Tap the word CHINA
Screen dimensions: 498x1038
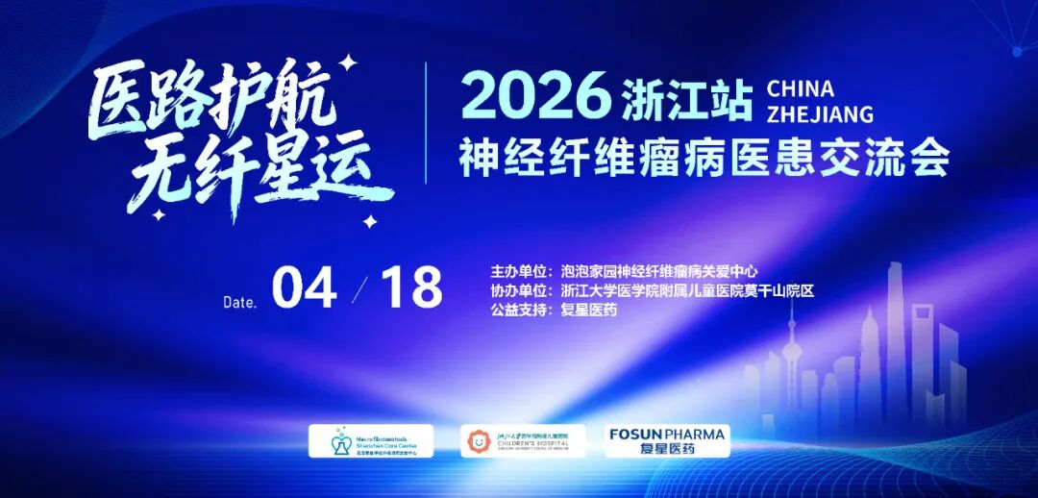point(801,89)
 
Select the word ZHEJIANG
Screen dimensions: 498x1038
point(820,114)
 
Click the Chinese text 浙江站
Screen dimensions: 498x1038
point(686,99)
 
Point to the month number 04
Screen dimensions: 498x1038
point(304,286)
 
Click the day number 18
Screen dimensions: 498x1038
point(411,286)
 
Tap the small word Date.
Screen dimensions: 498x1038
point(240,302)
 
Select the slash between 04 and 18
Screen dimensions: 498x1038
point(360,287)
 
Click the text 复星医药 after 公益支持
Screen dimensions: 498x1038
point(589,310)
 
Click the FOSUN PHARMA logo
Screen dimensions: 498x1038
point(667,440)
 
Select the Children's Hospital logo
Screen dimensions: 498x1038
point(522,440)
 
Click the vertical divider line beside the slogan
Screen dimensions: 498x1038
point(427,122)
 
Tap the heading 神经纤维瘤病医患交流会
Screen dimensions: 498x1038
point(704,156)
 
